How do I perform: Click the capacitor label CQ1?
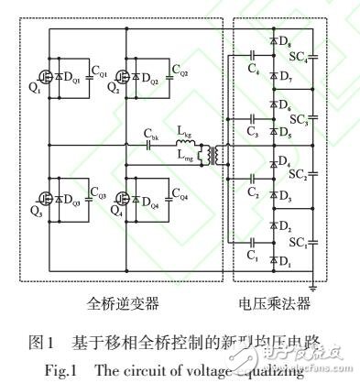(103, 72)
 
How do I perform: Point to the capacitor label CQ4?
(181, 195)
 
